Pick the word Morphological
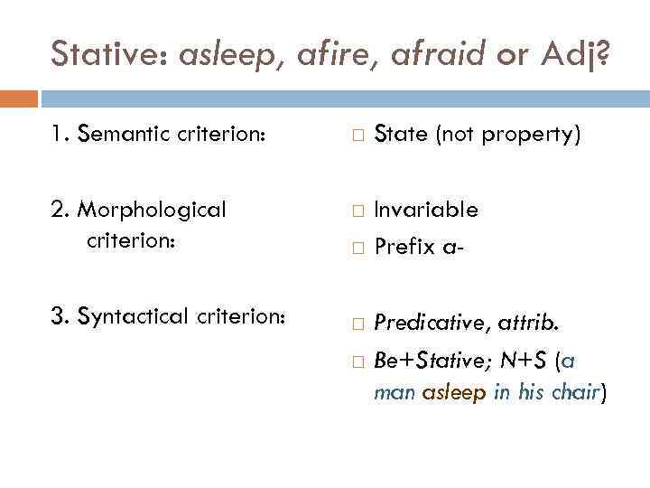(x=152, y=210)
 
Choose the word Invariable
(x=426, y=210)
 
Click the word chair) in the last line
(x=576, y=393)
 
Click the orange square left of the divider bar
(x=19, y=98)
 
